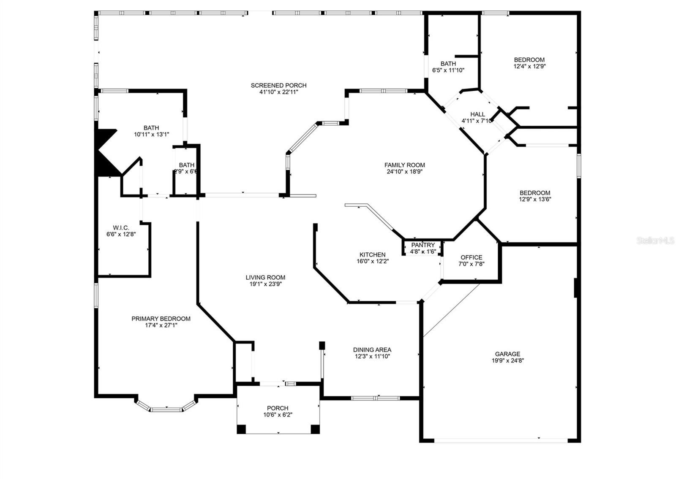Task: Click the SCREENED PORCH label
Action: [x=278, y=85]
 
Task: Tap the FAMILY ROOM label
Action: [x=404, y=165]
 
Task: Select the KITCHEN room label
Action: [x=372, y=255]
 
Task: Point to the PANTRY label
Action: [x=423, y=245]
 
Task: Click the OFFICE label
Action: [x=472, y=257]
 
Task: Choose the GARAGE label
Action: [x=507, y=354]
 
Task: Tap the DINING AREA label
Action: [x=372, y=350]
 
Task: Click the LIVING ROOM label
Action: [x=265, y=277]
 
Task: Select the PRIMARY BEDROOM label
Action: [x=161, y=319]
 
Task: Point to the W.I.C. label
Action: [x=121, y=227]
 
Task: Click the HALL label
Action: [x=478, y=114]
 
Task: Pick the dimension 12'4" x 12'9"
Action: [x=530, y=66]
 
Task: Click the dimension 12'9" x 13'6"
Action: [x=535, y=199]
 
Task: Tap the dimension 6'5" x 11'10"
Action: [x=448, y=70]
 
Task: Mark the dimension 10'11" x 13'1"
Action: [x=152, y=135]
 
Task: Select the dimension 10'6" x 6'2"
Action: [x=278, y=415]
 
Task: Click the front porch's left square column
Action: [x=241, y=429]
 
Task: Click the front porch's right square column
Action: [x=315, y=429]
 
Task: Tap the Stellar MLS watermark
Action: [x=655, y=240]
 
